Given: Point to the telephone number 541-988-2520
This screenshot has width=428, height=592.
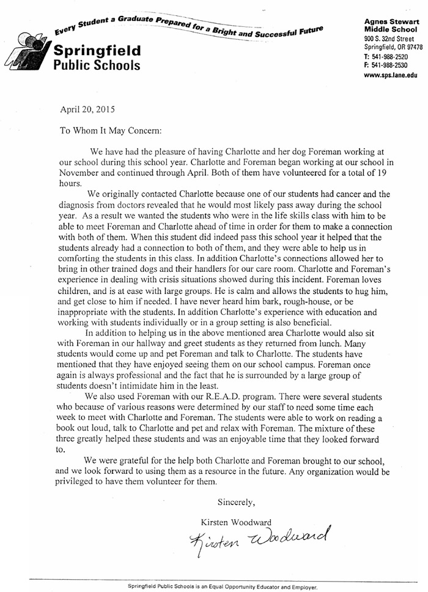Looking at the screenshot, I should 394,56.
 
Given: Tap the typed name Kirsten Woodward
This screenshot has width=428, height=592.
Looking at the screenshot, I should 237,522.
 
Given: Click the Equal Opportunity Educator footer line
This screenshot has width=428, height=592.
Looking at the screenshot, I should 223,586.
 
